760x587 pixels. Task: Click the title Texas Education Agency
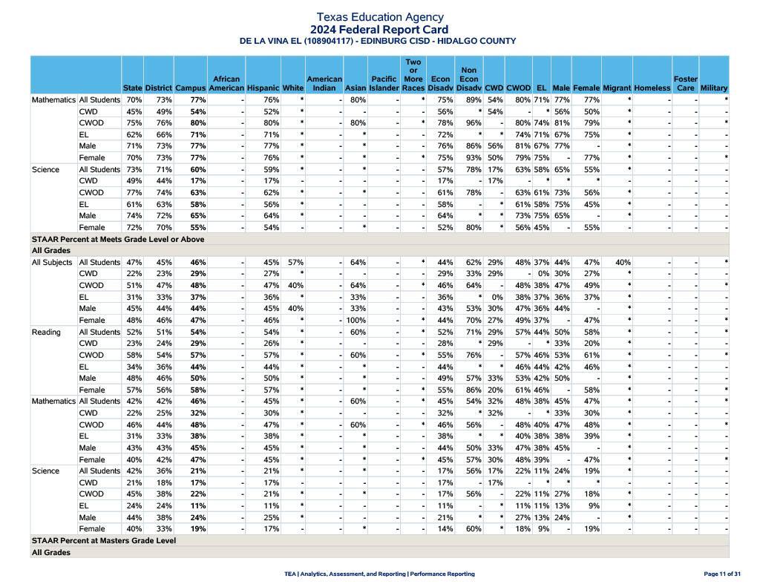[x=379, y=16]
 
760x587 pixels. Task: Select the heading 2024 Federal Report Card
[x=379, y=30]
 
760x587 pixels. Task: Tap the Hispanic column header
[x=263, y=88]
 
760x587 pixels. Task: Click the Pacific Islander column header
[x=384, y=83]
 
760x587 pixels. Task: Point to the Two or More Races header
[x=413, y=75]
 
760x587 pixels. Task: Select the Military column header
[x=713, y=88]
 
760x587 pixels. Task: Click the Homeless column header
[x=652, y=88]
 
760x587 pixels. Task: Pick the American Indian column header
[x=324, y=83]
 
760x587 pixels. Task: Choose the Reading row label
[x=46, y=332]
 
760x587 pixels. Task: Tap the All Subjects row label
[x=52, y=262]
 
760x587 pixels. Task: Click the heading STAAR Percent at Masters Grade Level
[x=104, y=541]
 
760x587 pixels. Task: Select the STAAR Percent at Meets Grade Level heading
[x=118, y=240]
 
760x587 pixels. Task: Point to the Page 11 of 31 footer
[x=721, y=574]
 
